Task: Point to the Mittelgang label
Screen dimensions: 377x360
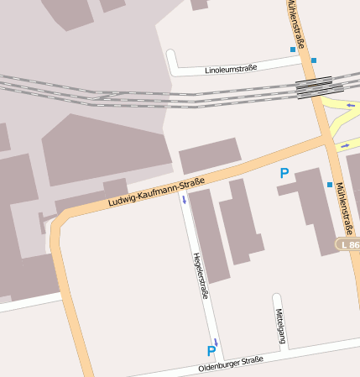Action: pos(281,326)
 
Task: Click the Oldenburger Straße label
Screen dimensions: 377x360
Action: pos(231,363)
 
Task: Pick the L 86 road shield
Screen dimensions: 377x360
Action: pos(347,244)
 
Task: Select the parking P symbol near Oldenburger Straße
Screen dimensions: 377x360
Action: pos(211,351)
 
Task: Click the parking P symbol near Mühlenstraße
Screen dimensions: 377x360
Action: pos(284,174)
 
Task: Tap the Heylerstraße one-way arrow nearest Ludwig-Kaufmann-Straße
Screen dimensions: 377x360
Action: pos(184,200)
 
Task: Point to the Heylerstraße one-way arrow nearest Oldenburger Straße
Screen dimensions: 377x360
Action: pos(216,341)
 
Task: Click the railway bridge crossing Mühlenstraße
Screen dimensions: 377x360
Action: pos(314,86)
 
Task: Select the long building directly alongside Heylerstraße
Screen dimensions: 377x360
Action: pos(208,235)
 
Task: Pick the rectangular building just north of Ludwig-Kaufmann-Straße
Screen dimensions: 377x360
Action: pos(210,155)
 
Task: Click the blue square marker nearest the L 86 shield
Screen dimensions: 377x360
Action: pos(330,184)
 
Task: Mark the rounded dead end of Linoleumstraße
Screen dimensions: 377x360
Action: pos(172,56)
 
